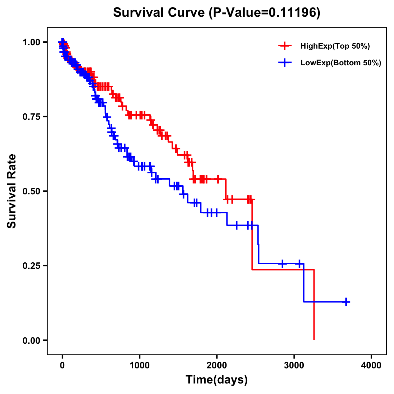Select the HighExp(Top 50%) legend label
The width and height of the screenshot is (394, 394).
(335, 46)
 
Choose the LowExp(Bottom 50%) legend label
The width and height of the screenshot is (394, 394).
(341, 63)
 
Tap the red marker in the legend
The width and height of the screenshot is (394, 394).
(285, 46)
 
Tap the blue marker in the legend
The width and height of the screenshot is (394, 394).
(285, 63)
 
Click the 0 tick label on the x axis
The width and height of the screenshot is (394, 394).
(62, 365)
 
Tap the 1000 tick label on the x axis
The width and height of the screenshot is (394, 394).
(140, 365)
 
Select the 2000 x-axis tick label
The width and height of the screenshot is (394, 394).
(217, 365)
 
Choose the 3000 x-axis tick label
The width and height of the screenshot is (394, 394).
(294, 365)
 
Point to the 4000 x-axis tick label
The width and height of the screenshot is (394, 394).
(371, 365)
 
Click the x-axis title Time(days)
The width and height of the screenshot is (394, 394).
(217, 380)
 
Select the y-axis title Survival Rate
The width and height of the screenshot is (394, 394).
(12, 191)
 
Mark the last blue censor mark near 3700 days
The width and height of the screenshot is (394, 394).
(346, 302)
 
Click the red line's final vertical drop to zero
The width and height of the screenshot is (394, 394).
(314, 305)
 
